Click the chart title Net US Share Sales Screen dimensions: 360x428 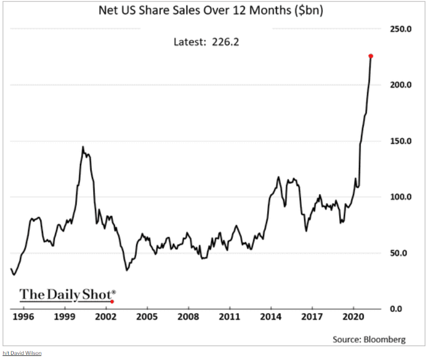coord(210,10)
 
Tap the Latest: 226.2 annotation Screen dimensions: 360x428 coord(206,42)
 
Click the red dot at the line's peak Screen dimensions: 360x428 coord(371,56)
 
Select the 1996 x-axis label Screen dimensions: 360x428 coord(23,317)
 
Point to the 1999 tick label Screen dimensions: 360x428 coord(65,317)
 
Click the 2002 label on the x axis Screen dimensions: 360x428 coord(106,317)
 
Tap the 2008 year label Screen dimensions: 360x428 coord(188,317)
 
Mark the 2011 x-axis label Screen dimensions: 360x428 coord(230,317)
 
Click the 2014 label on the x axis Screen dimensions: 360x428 coord(271,317)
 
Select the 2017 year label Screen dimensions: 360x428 coord(313,317)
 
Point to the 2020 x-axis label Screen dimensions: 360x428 coord(354,317)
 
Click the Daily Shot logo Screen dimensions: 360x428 coord(67,295)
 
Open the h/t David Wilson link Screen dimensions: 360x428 coord(22,353)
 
